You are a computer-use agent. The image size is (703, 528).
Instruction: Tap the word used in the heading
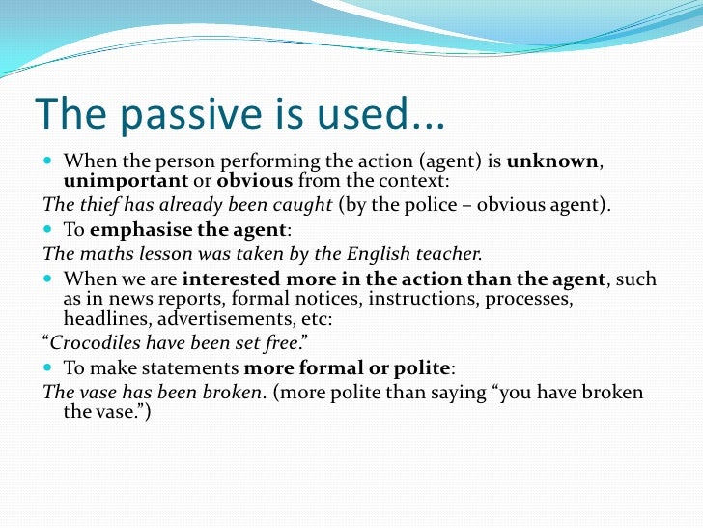point(346,115)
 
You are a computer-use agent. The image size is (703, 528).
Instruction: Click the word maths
point(100,254)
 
